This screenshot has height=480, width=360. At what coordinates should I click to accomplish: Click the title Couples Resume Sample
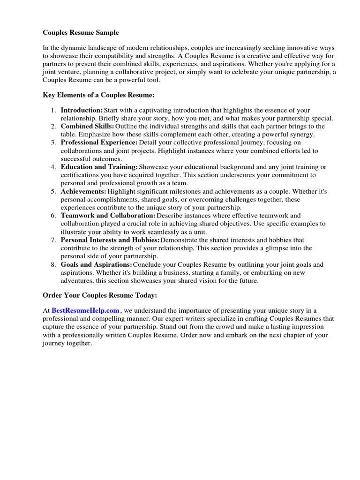click(x=81, y=33)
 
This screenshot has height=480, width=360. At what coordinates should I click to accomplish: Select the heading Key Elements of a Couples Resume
click(x=98, y=95)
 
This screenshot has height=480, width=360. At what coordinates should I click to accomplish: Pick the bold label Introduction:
click(x=82, y=110)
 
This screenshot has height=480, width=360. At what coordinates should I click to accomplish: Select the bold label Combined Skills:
click(x=87, y=127)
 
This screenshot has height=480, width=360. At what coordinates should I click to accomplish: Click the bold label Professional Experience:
click(x=99, y=142)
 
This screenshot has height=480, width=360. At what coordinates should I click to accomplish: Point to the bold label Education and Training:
click(x=99, y=167)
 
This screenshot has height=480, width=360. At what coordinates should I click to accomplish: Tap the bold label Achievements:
click(x=83, y=191)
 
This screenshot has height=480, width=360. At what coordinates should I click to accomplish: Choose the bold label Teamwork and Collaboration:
click(x=108, y=216)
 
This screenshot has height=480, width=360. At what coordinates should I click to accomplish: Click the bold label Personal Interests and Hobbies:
click(x=110, y=240)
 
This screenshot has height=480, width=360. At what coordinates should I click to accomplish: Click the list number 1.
click(x=53, y=110)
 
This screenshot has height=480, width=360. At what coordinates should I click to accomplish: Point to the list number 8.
click(x=53, y=265)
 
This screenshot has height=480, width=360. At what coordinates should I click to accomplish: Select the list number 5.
click(x=53, y=191)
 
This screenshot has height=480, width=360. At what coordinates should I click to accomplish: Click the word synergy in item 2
click(x=302, y=135)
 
